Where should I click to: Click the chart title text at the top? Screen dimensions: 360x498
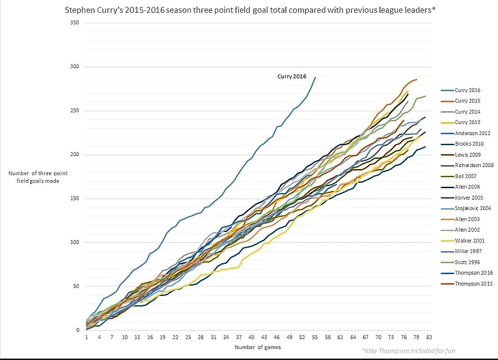point(249,11)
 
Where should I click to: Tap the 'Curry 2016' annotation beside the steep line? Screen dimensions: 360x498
point(293,76)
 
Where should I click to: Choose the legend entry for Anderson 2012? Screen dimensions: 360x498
point(471,133)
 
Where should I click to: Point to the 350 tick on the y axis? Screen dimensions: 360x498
point(75,23)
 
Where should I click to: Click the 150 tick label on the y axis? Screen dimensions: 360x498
point(75,198)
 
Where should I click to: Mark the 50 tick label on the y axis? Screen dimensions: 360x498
point(76,286)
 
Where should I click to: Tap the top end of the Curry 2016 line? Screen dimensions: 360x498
point(315,77)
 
